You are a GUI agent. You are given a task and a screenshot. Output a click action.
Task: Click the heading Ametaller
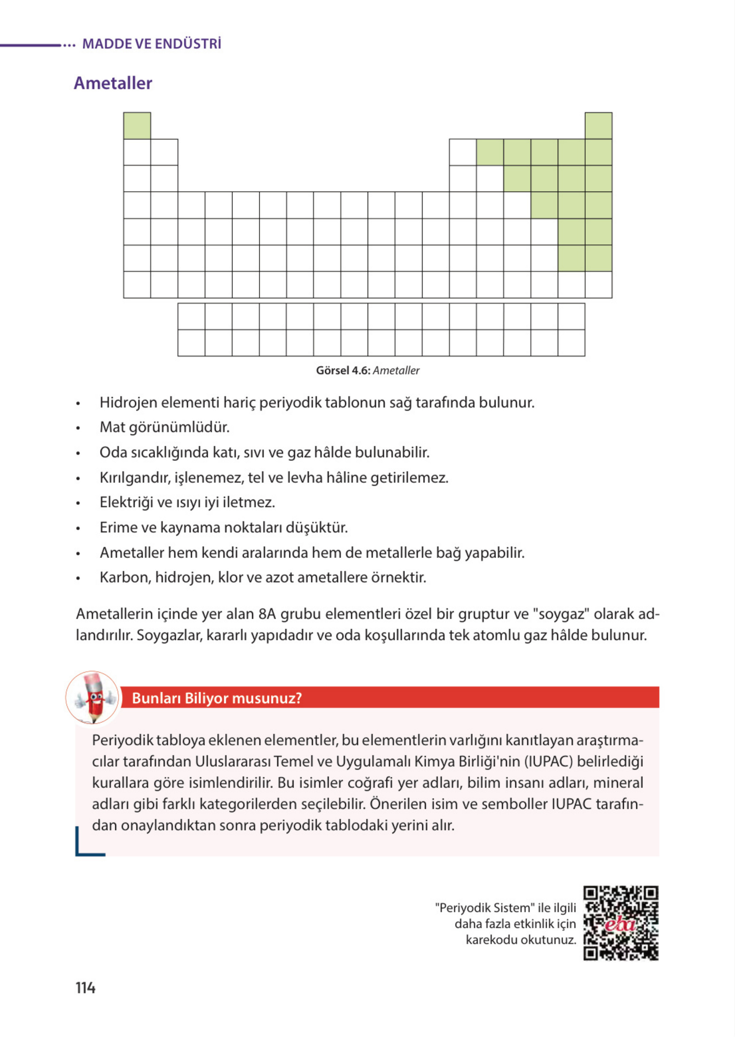click(x=113, y=83)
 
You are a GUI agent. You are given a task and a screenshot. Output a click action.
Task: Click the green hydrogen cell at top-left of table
click(x=137, y=126)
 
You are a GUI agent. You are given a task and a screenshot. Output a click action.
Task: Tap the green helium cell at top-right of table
click(x=598, y=126)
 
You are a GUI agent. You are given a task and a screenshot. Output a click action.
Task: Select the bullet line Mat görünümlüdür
click(x=164, y=427)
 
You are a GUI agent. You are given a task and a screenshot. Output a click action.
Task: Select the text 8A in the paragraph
click(x=267, y=614)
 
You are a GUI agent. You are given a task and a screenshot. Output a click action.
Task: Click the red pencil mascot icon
click(x=93, y=698)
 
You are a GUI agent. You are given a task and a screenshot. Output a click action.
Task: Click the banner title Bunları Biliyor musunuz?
click(x=216, y=698)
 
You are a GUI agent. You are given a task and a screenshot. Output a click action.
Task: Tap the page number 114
click(x=85, y=988)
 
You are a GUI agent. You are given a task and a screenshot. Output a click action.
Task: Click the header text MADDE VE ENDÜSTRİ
click(x=152, y=44)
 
